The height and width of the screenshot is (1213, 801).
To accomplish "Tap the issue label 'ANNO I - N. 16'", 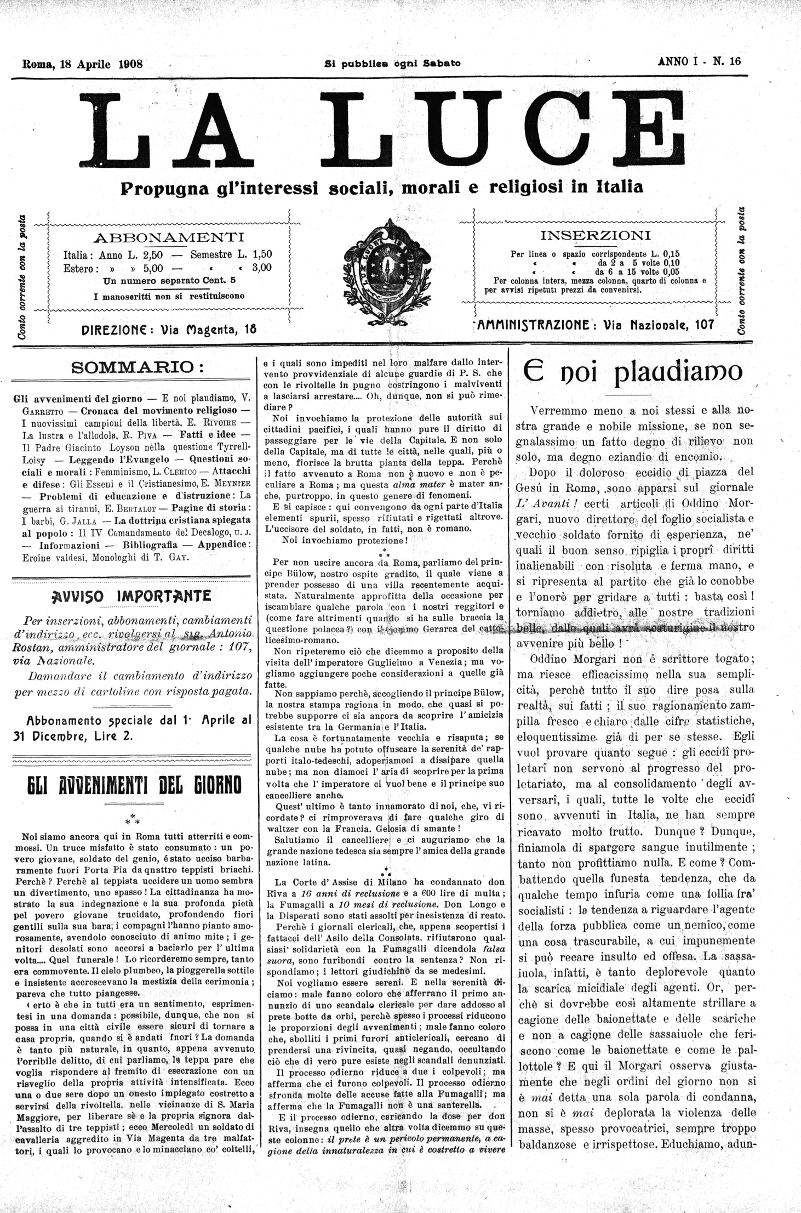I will click(x=699, y=61).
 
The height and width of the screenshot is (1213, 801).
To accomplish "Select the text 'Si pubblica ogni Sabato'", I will click(x=392, y=63).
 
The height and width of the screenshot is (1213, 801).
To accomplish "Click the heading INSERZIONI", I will click(x=596, y=236).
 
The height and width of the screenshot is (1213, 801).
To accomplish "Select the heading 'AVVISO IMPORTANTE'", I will click(x=130, y=596).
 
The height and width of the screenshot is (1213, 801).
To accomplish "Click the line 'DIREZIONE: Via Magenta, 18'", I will click(x=168, y=330).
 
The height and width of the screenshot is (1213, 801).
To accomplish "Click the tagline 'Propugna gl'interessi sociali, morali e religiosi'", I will click(x=381, y=188).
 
